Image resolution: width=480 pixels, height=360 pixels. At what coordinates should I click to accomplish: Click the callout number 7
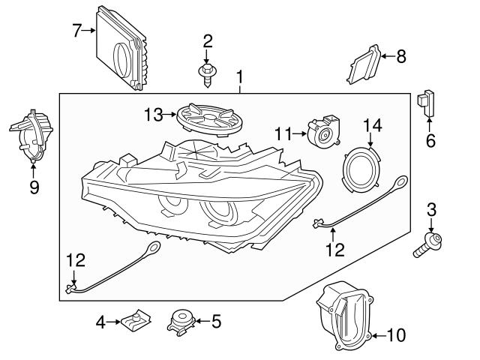click(76, 31)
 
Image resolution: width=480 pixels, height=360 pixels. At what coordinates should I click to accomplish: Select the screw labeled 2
click(206, 72)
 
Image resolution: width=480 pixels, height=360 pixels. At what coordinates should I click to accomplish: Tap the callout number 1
click(240, 77)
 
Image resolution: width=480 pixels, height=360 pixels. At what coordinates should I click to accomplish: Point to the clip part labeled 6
click(427, 101)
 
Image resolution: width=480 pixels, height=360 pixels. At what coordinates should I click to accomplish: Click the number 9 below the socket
click(34, 187)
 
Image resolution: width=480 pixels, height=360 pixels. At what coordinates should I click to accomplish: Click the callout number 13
click(154, 114)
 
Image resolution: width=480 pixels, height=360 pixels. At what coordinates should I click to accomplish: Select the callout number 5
click(216, 322)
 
